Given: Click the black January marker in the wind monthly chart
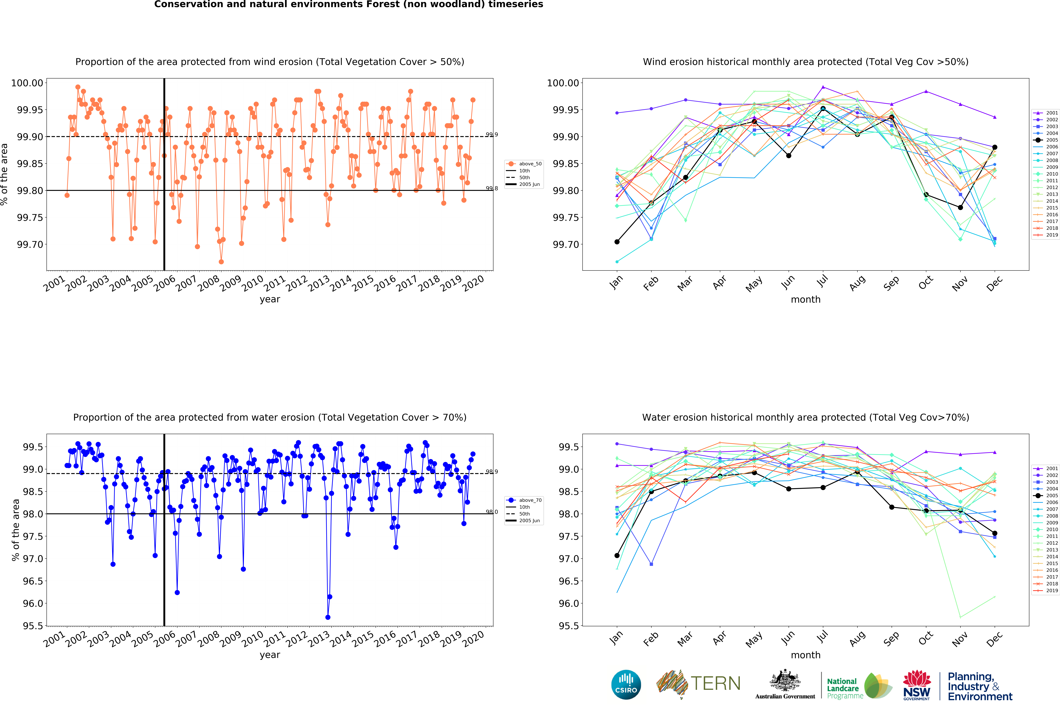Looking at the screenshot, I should tap(617, 242).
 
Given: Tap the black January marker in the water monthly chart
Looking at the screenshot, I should tap(617, 555).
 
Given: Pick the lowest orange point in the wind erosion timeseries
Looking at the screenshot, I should tap(221, 262).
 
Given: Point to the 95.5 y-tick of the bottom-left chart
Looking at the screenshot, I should tap(33, 626).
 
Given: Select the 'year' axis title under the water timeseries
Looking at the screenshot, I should tap(270, 655).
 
